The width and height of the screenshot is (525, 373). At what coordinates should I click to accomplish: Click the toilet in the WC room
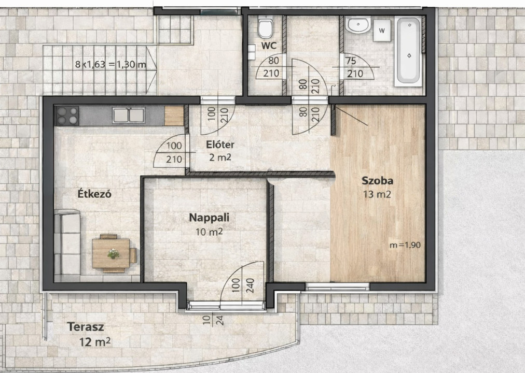[266, 28]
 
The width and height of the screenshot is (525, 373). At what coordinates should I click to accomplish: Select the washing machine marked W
[382, 31]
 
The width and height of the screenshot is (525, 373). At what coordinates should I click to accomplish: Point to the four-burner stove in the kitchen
[67, 116]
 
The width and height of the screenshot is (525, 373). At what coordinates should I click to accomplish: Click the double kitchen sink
[129, 116]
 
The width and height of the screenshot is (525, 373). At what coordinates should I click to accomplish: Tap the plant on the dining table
[114, 254]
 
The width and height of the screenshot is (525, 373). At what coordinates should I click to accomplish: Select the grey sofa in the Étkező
[67, 242]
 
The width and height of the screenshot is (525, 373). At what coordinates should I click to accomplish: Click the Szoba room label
[377, 181]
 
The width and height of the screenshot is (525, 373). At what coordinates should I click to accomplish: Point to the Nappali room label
[209, 218]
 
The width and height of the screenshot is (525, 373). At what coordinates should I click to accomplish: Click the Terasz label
[86, 327]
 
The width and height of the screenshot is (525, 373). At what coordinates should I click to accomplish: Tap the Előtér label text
[220, 145]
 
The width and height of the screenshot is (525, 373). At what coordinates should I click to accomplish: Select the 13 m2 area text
[377, 194]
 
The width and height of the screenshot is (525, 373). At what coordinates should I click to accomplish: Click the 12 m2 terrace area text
[95, 342]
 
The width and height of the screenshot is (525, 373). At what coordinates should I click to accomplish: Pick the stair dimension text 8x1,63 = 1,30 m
[111, 64]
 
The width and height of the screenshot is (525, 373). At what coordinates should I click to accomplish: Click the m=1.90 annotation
[405, 245]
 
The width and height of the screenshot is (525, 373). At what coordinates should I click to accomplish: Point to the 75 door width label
[351, 61]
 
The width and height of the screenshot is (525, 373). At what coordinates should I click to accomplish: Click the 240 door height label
[250, 285]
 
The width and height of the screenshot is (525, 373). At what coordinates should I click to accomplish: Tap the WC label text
[269, 46]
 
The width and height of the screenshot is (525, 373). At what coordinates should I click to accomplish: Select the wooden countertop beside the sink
[174, 116]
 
